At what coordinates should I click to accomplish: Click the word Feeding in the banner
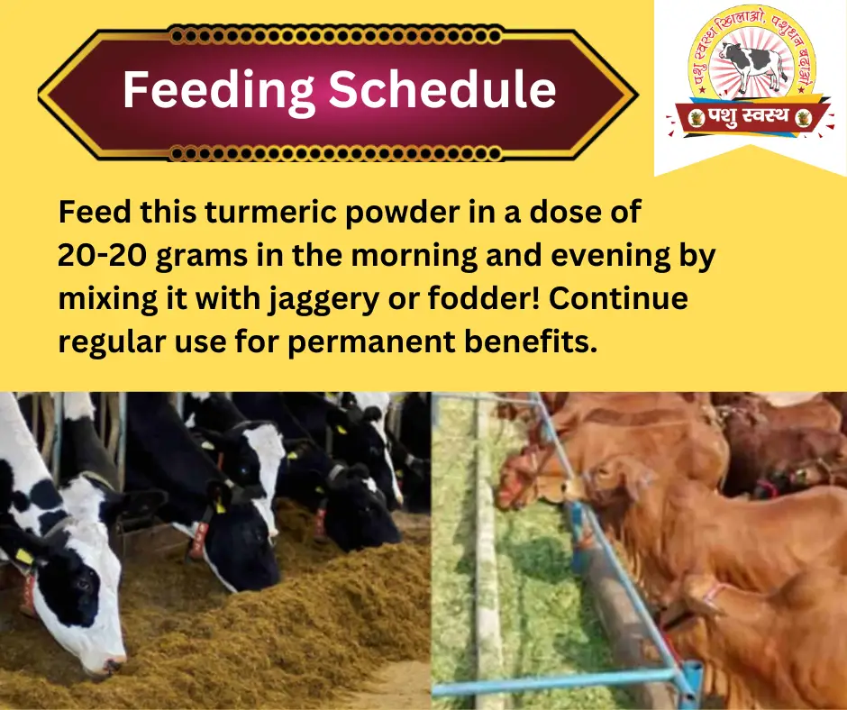[218, 91]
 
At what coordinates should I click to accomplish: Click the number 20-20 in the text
[102, 254]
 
